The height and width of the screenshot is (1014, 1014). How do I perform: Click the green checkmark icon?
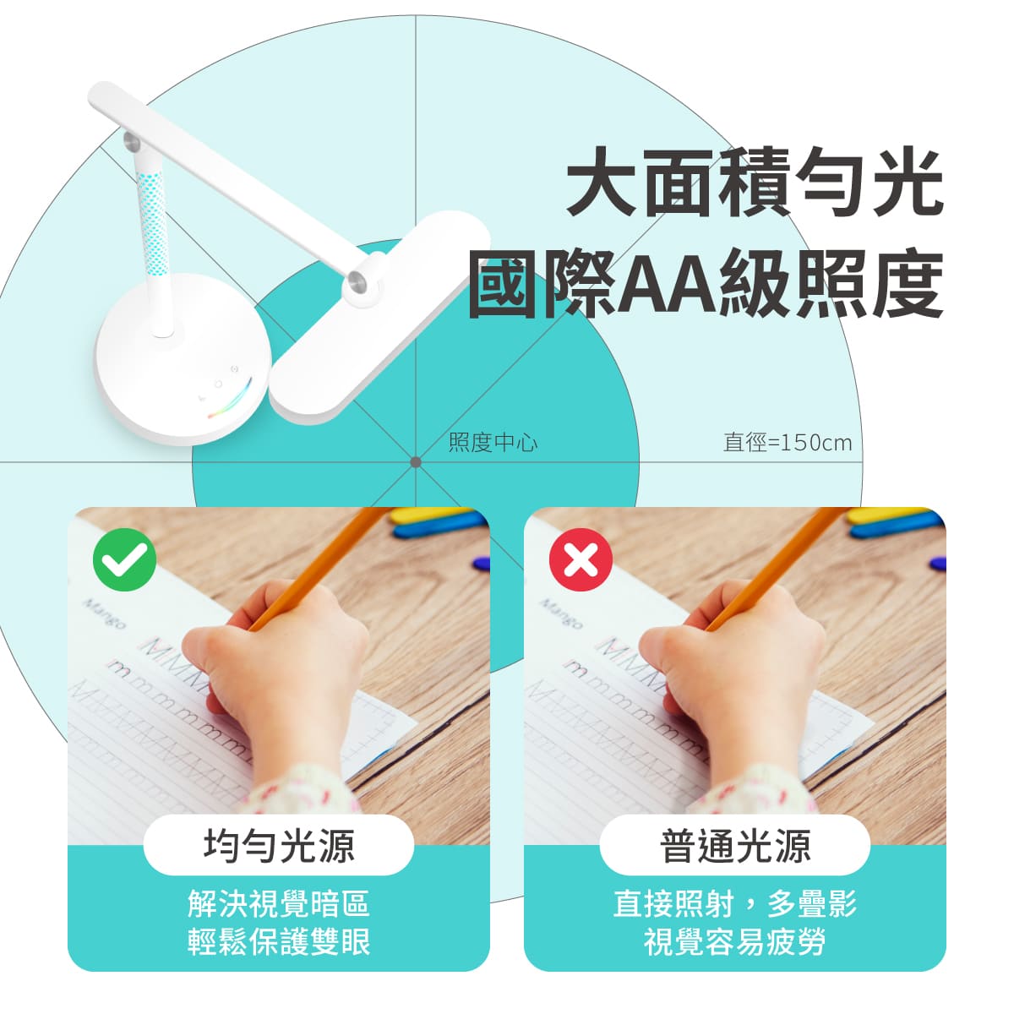[124, 558]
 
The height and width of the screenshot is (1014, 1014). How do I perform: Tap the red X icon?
[581, 558]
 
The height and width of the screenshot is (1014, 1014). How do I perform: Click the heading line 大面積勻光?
[754, 181]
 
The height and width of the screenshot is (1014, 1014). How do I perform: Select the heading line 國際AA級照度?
[706, 284]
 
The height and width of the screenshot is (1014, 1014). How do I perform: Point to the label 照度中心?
[493, 442]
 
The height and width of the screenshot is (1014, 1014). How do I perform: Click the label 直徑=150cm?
[788, 442]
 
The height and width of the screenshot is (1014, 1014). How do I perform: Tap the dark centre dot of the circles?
[416, 462]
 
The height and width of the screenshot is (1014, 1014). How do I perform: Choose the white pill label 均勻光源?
[279, 845]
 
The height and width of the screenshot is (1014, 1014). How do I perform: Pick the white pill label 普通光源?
[735, 845]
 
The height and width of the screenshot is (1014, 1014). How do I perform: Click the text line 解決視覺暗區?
[279, 904]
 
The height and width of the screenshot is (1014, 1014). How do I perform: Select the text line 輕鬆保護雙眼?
[279, 941]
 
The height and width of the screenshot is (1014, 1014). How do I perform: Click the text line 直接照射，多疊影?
[735, 904]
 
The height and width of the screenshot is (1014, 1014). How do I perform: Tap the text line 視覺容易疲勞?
[735, 941]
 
